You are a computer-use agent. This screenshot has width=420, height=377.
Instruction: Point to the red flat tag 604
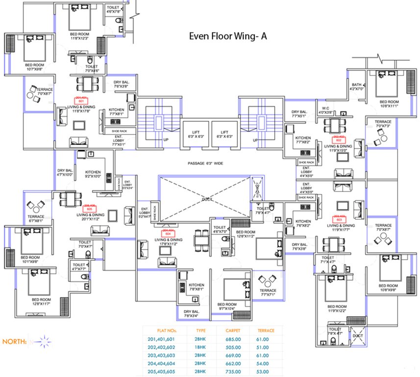168,232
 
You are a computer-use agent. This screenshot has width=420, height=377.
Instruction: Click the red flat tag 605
89,208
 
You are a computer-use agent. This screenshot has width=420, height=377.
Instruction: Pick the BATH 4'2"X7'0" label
356,87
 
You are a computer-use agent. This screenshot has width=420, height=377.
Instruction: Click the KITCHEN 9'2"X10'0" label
93,174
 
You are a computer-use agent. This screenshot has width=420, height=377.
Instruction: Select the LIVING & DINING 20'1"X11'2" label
90,217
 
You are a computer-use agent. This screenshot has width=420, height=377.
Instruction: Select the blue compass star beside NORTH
43,340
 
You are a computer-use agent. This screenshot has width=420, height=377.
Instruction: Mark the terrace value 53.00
265,373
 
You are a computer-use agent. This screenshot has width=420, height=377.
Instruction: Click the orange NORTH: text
15,341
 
